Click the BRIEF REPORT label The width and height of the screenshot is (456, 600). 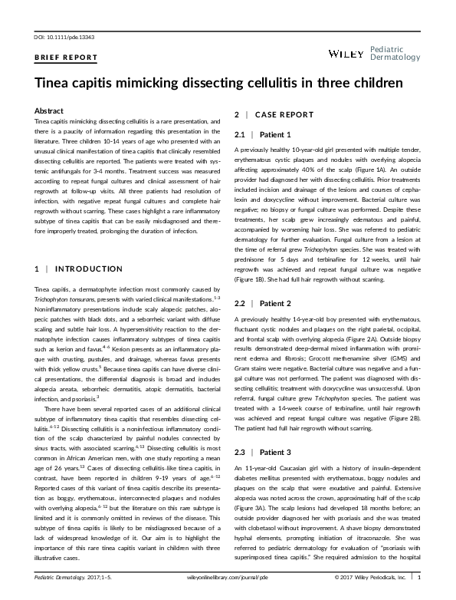(x=67, y=58)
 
